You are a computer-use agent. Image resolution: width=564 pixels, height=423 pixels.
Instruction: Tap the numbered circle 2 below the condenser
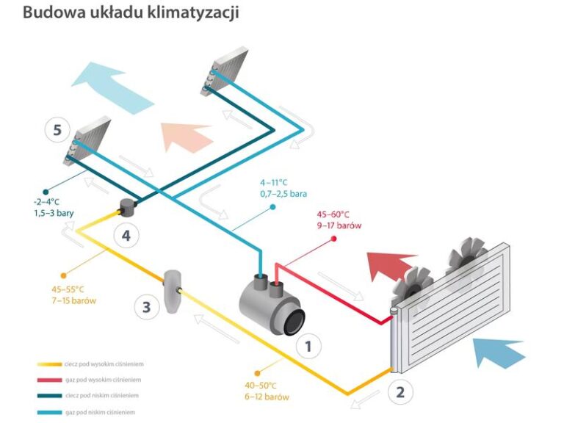(400, 391)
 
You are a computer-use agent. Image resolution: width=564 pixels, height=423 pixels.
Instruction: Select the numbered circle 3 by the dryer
(146, 306)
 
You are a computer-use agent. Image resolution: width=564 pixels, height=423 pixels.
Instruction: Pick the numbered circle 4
(126, 236)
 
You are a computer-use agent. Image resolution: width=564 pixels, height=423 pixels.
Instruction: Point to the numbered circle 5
(57, 131)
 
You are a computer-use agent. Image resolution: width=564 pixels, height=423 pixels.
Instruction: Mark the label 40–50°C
(261, 385)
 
